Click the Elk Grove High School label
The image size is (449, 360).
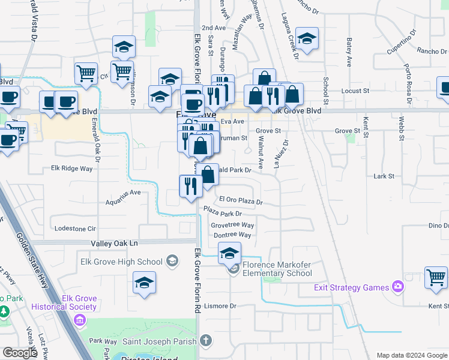point(121,262)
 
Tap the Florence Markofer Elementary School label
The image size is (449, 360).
point(277,269)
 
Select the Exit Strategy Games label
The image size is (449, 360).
point(351,287)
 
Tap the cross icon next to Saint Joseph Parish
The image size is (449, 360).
point(205,341)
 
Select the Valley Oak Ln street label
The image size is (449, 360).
point(114,243)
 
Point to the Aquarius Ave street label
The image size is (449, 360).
point(123,193)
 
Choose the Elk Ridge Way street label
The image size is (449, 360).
point(72,169)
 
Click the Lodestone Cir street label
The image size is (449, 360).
point(75,229)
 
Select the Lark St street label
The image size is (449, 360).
point(384,176)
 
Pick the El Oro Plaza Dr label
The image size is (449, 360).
point(241,200)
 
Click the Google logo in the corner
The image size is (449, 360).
point(20,353)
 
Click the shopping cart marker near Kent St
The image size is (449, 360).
point(436,277)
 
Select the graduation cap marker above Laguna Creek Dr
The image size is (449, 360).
point(307,41)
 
